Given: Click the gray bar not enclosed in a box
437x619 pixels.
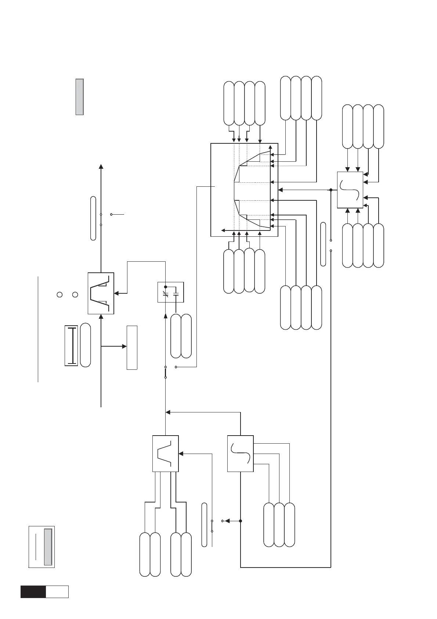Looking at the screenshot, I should tap(80, 97).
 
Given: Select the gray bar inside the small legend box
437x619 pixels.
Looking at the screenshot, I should tap(48, 547).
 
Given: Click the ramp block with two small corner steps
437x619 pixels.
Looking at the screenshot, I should tap(101, 293).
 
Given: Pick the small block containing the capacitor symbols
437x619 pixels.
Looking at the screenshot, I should tap(170, 292).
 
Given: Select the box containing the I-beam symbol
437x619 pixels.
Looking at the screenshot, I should tap(71, 346).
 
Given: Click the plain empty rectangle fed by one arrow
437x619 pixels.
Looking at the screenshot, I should tap(132, 347).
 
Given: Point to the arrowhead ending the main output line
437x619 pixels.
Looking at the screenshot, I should tap(101, 167).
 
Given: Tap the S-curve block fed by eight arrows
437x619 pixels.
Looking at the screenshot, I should tap(350, 190).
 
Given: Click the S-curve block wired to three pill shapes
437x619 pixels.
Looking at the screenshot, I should tap(240, 454).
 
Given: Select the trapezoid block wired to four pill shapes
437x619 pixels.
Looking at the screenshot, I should tap(166, 454).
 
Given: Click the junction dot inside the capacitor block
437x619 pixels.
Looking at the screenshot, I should tap(166, 287).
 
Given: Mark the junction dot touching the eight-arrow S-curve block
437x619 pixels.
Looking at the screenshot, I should tap(331, 190).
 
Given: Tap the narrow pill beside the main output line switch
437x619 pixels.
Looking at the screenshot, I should tap(93, 218).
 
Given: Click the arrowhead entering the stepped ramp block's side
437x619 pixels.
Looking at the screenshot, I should tap(116, 293).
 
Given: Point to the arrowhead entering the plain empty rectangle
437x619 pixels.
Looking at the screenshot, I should tap(124, 346).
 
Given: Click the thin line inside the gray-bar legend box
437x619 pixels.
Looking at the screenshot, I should tap(36, 547).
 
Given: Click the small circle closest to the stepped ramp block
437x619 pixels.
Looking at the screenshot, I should tap(75, 294).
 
